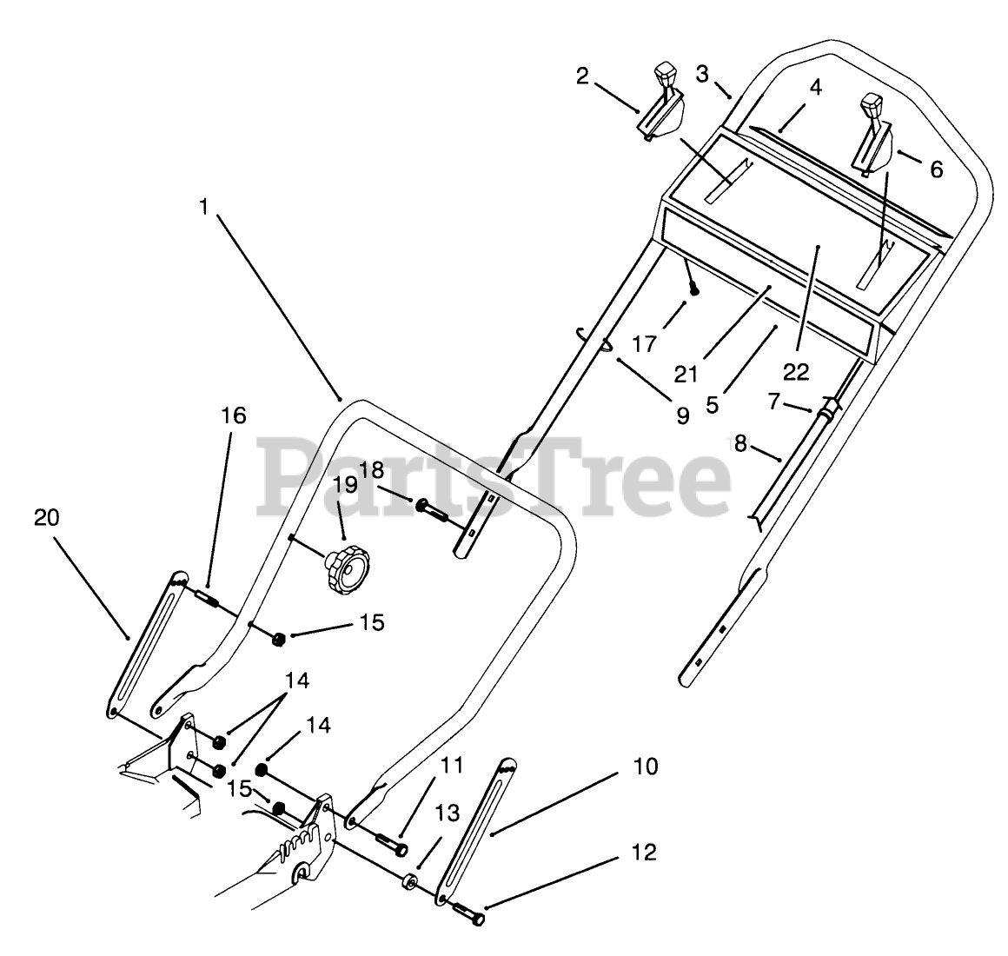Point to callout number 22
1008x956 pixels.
796,372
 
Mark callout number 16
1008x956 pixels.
234,415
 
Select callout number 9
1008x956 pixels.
682,416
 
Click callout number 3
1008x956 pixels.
702,74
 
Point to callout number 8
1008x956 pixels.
739,443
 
